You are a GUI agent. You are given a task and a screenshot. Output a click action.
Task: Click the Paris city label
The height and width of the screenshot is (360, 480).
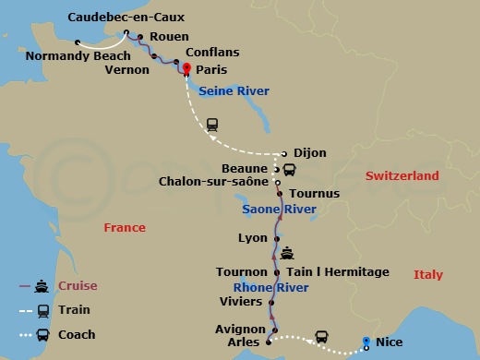(x=211, y=70)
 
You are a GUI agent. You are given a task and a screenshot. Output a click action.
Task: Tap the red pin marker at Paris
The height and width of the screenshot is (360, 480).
(x=186, y=67)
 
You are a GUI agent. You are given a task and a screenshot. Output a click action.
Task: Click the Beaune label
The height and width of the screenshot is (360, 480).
(x=246, y=169)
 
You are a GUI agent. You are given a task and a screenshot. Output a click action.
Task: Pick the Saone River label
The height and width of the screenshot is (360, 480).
(x=279, y=210)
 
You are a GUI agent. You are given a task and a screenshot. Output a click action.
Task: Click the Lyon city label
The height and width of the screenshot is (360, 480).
(x=252, y=238)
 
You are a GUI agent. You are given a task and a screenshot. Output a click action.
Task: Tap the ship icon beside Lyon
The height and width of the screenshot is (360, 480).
(x=288, y=251)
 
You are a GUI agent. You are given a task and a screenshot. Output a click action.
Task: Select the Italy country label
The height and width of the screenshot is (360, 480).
(x=427, y=275)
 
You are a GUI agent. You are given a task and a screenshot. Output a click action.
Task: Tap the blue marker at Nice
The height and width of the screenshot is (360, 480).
(x=366, y=342)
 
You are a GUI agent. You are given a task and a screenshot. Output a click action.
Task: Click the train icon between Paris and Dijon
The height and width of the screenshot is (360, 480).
(x=211, y=123)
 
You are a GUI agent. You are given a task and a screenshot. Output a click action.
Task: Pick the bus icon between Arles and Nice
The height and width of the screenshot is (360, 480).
(x=322, y=337)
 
